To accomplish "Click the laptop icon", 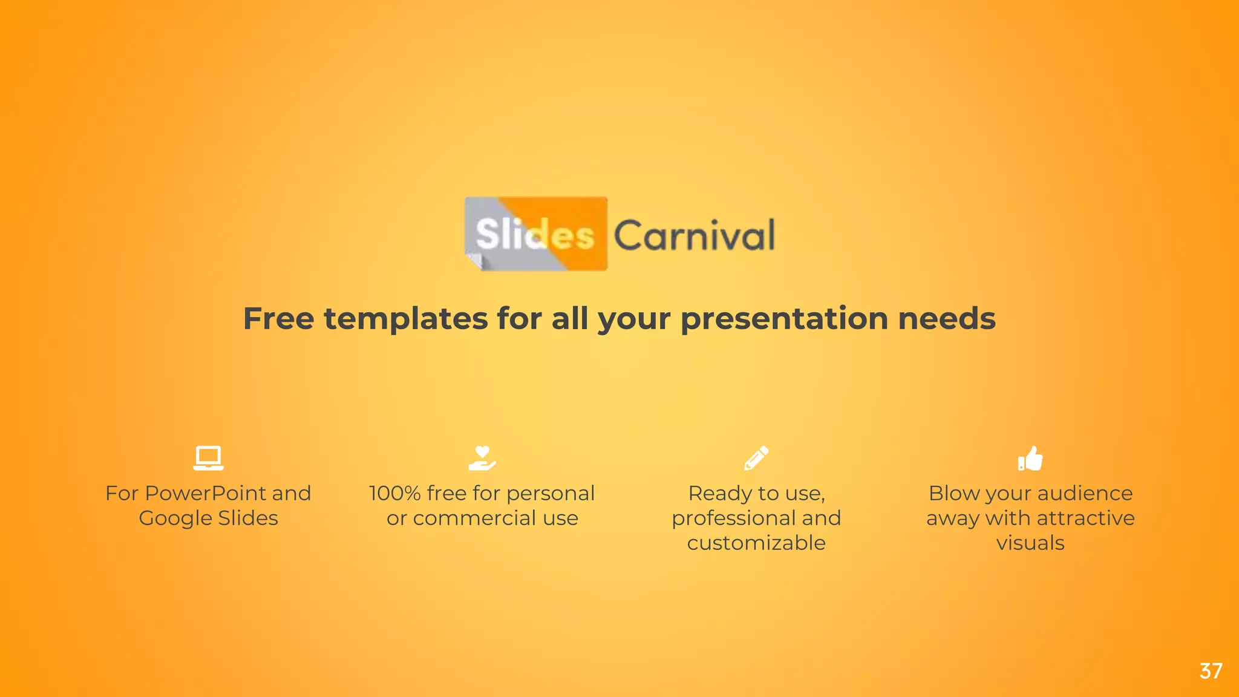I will tap(208, 458).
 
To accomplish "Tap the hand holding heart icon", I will tap(482, 458).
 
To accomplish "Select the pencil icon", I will tap(756, 458).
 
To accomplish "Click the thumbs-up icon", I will tap(1030, 458).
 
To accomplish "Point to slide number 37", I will tap(1211, 671).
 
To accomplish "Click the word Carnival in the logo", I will tap(694, 235).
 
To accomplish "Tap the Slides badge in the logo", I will tap(535, 234).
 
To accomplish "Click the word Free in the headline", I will tap(278, 319).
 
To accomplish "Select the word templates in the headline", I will tap(406, 319).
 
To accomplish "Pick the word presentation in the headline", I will tap(784, 319).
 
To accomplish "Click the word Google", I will tap(175, 519).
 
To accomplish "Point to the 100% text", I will tap(394, 494).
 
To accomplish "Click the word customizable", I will tap(756, 543).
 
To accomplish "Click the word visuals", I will tap(1030, 543).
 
